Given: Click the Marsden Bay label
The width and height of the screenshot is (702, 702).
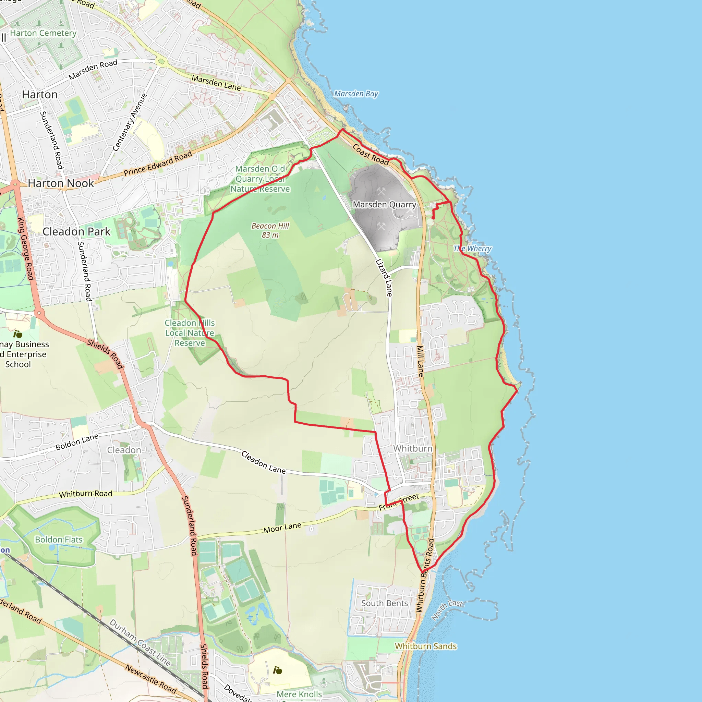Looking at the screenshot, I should pos(356,94).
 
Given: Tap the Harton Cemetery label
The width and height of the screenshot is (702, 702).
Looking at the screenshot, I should pos(43,33).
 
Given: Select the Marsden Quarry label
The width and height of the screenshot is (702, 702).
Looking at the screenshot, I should pos(385,205).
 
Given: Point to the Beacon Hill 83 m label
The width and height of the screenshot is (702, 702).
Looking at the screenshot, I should pos(270,230).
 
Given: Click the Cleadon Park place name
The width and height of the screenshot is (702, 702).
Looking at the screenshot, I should pos(76,231).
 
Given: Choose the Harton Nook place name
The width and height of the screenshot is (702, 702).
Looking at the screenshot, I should pos(61,183).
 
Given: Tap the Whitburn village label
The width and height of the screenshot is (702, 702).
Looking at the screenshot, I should pos(413,448).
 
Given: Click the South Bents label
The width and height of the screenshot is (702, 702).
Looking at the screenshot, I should pos(385,603).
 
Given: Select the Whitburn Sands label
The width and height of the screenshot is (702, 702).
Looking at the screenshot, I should pos(426,646).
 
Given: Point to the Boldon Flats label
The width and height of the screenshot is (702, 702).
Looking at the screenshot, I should pos(59,540).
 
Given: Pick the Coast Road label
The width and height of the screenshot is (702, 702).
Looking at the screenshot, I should pos(371,155).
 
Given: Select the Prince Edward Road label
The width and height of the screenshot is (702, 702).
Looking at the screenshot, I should pos(158,164).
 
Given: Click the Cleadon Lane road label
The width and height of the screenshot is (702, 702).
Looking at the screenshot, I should pos(264,462).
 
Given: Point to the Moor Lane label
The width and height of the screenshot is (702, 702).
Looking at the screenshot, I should pos(282,528).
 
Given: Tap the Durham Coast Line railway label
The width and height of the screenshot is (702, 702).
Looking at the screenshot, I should pos(140,642).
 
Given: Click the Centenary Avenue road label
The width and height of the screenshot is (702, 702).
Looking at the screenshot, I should pos(130,122).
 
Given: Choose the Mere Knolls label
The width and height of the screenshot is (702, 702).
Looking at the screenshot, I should pos(299,694).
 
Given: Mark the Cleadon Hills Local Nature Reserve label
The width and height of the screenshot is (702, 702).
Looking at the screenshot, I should pos(190,333).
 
